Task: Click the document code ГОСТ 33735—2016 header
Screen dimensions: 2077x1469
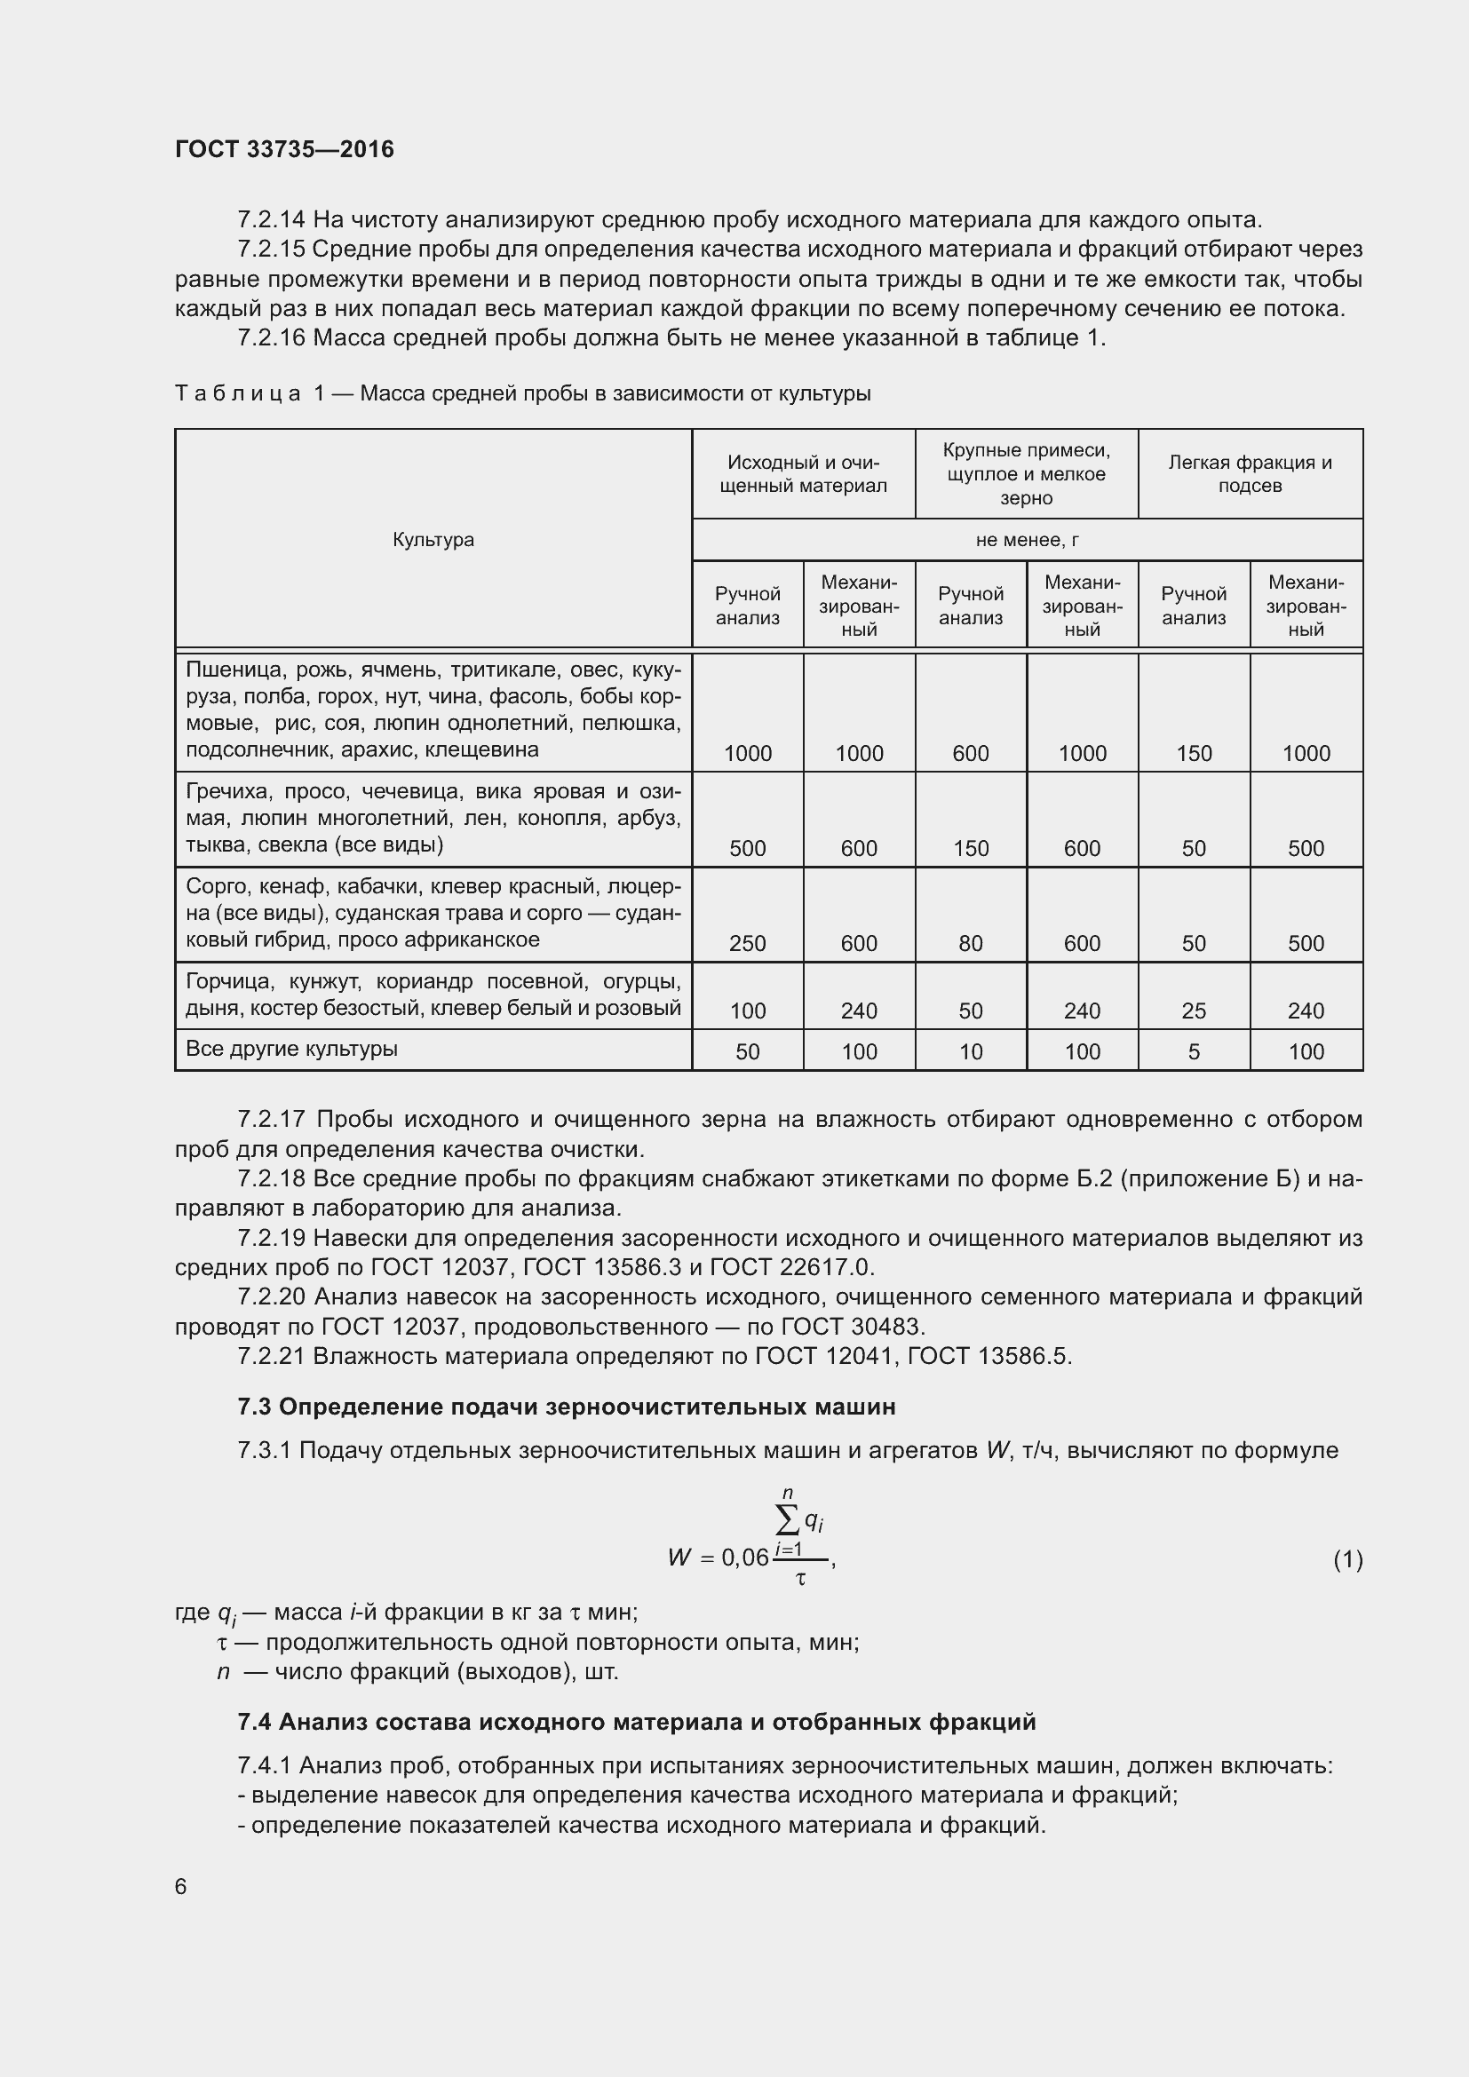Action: click(284, 150)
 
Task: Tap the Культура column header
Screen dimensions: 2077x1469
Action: click(433, 540)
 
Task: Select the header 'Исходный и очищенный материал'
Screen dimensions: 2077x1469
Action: click(802, 474)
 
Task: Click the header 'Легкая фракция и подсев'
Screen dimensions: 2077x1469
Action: click(1250, 474)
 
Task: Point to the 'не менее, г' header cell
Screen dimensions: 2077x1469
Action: click(1027, 540)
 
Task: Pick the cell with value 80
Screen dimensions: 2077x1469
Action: click(970, 944)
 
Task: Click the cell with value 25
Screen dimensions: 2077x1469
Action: click(1193, 1011)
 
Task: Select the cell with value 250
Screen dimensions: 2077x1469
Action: click(747, 944)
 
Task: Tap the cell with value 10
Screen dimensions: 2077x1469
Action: click(970, 1051)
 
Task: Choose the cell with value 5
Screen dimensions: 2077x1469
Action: click(1193, 1051)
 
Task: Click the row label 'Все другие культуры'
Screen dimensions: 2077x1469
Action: click(291, 1050)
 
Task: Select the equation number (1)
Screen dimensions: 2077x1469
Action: click(1347, 1558)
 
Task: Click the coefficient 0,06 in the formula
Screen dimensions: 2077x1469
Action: click(744, 1558)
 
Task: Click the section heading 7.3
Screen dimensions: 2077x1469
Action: click(567, 1407)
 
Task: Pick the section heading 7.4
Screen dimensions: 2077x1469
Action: click(636, 1722)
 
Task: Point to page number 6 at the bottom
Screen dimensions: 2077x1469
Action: click(181, 1886)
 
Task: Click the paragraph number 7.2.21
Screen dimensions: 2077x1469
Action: click(273, 1356)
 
